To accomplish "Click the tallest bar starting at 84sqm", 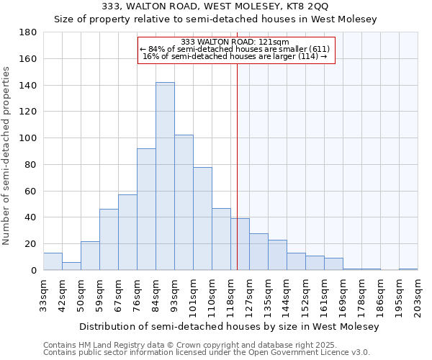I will click(165, 176).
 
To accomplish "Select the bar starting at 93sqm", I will click(184, 202).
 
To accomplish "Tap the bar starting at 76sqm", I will click(146, 209).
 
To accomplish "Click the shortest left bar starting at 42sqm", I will click(71, 266).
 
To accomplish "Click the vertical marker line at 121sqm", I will click(237, 166).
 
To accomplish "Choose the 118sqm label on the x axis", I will click(230, 296).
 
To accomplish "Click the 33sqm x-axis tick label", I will click(43, 296).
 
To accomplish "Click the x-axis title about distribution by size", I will click(229, 326).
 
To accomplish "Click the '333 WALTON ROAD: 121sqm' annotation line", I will click(235, 42).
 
